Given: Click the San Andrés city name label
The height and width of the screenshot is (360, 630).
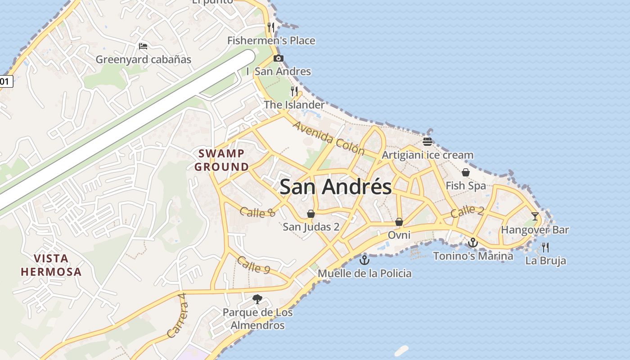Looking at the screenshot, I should click(x=336, y=187).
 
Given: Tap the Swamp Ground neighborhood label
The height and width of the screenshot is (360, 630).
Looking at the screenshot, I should click(x=221, y=160).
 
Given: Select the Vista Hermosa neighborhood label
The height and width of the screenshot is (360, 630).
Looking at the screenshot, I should click(x=51, y=265).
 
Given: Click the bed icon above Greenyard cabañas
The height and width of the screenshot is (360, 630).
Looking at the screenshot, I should click(x=143, y=46).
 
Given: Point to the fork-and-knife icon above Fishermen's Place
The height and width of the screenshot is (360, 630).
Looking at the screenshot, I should click(x=271, y=27).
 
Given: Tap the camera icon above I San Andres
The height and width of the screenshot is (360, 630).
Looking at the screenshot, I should click(x=279, y=58).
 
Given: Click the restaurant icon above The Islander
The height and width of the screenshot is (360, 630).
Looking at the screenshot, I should click(x=294, y=91).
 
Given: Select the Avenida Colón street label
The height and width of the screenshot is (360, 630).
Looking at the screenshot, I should click(x=328, y=138).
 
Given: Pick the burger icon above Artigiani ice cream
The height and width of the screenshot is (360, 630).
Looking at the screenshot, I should click(x=427, y=142).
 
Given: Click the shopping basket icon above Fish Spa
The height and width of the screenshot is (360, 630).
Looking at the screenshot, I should click(x=466, y=172).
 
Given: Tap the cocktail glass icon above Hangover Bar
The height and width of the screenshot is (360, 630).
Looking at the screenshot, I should click(x=535, y=216).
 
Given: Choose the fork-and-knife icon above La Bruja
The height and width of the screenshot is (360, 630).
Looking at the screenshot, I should click(x=545, y=247).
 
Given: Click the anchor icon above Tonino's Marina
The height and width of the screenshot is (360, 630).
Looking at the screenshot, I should click(x=472, y=243).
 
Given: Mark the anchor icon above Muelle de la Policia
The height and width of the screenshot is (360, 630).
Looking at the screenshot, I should click(x=364, y=260).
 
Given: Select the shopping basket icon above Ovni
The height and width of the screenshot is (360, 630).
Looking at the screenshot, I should click(x=399, y=222).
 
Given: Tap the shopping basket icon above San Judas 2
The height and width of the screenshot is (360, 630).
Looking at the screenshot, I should click(x=310, y=213).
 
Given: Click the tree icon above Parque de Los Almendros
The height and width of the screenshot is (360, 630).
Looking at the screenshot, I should click(x=257, y=299).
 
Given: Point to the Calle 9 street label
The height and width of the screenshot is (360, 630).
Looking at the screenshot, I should click(x=253, y=265).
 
